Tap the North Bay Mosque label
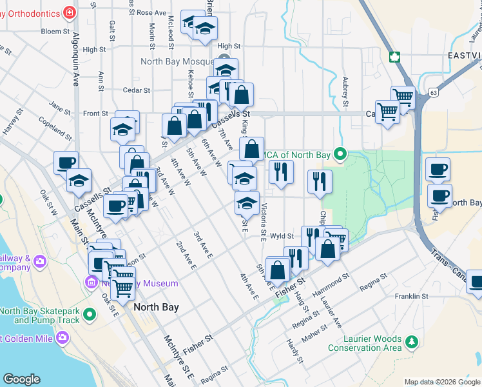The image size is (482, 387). pyautogui.click(x=176, y=62)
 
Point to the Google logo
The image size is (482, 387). pyautogui.click(x=22, y=379)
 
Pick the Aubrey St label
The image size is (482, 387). pyautogui.click(x=345, y=93)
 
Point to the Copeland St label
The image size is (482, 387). pyautogui.click(x=54, y=125)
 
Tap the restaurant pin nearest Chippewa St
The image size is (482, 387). pyautogui.click(x=319, y=182)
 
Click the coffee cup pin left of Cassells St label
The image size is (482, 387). pyautogui.click(x=65, y=163)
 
